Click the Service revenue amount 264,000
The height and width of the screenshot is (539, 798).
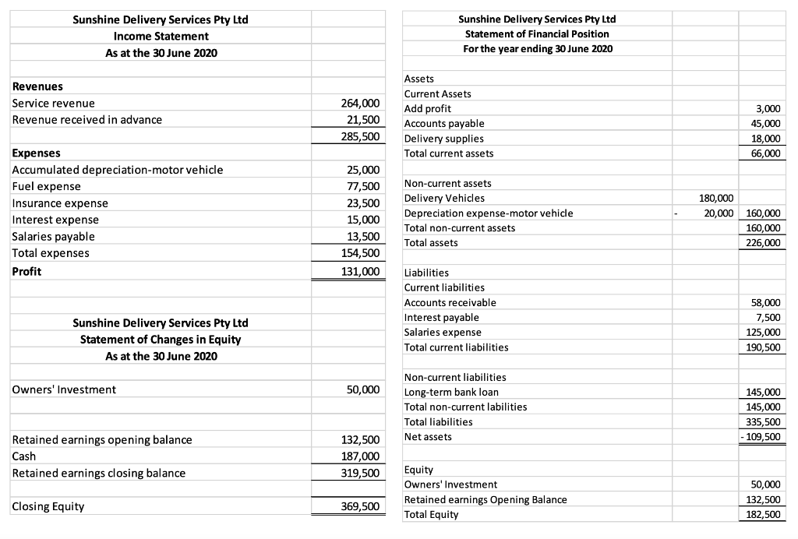coord(361,103)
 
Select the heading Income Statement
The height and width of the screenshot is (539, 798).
coord(161,36)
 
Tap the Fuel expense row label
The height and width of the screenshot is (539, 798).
coord(47,186)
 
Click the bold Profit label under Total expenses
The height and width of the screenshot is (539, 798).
coord(26,271)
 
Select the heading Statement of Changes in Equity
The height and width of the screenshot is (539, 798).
coord(161,339)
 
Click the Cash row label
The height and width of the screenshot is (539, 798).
coord(24,456)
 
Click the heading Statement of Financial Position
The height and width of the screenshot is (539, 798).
coord(537,33)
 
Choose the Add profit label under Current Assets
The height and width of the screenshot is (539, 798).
coord(427,108)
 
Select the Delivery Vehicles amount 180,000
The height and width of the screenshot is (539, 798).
coord(715,198)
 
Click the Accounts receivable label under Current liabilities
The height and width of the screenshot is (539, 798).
coord(450,302)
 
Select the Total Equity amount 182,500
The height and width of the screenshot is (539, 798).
coord(764,514)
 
